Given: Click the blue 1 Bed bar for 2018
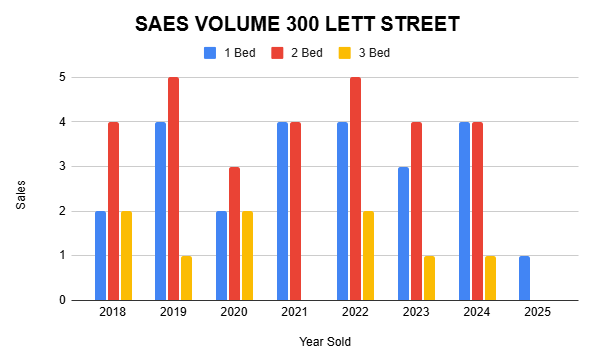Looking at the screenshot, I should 101,256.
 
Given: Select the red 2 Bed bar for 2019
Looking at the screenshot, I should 174,189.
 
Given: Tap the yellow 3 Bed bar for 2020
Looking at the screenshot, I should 247,256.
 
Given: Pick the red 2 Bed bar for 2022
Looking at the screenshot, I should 355,189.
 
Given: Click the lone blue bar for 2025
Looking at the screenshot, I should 525,278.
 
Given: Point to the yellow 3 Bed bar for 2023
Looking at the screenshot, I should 429,278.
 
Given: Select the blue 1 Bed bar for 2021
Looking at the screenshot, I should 282,211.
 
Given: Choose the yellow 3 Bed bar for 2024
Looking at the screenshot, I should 489,278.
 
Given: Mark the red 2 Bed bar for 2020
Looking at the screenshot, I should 234,233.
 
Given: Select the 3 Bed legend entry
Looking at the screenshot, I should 363,52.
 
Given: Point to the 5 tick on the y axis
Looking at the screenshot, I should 62,77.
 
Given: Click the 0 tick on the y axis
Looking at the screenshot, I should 62,300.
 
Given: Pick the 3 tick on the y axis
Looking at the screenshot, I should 62,166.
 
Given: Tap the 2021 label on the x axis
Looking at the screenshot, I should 295,313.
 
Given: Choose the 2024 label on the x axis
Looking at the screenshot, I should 477,313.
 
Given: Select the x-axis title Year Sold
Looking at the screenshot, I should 325,342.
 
